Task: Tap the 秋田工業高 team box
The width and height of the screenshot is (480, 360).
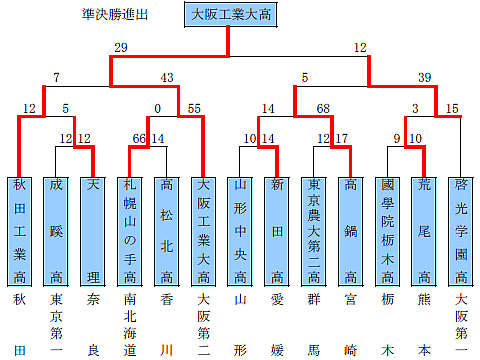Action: [x=19, y=230]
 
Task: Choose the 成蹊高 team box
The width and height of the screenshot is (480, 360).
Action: [x=56, y=230]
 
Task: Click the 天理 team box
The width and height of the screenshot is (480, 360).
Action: [x=93, y=230]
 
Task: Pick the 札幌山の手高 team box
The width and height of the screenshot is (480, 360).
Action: [x=130, y=230]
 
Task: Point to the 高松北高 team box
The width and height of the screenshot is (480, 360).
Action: [x=167, y=230]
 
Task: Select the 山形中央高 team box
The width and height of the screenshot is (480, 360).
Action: [x=241, y=230]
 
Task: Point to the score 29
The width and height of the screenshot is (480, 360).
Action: [x=121, y=47]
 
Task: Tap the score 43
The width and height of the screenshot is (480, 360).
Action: [x=167, y=78]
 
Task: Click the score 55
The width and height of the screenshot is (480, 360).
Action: [x=193, y=108]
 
